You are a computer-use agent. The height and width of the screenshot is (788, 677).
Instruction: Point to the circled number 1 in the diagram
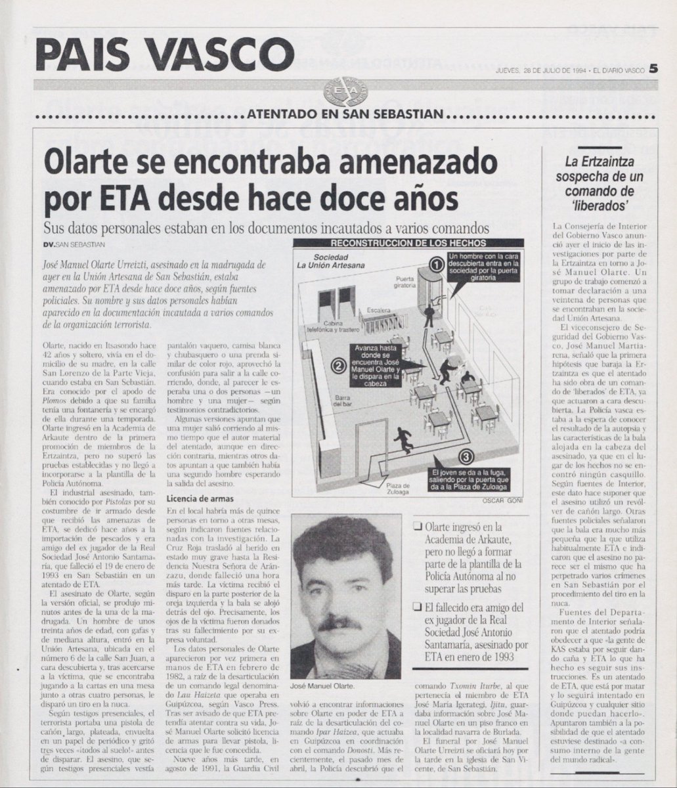pyautogui.click(x=436, y=264)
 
